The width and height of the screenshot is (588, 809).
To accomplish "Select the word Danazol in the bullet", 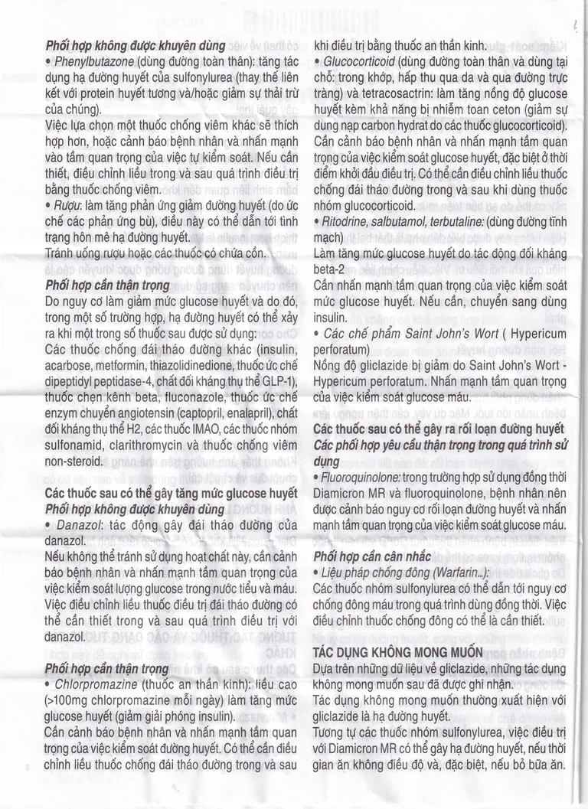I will pos(78,524).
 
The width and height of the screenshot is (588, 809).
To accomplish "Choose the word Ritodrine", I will pos(348,220).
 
